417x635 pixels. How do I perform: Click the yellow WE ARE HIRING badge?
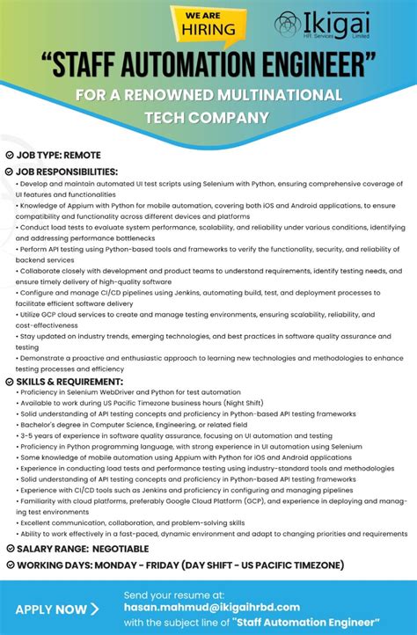click(x=208, y=22)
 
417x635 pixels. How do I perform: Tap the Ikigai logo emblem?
click(x=287, y=24)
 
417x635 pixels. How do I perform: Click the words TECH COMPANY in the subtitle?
click(x=208, y=116)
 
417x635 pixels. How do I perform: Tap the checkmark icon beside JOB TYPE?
click(x=9, y=155)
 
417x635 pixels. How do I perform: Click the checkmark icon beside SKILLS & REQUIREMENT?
click(x=9, y=382)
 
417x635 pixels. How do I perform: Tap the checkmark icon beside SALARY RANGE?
click(x=9, y=549)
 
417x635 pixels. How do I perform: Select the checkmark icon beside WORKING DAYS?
click(x=9, y=565)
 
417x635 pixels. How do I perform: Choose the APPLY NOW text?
click(x=51, y=609)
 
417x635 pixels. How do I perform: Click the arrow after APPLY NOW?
click(x=95, y=609)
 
